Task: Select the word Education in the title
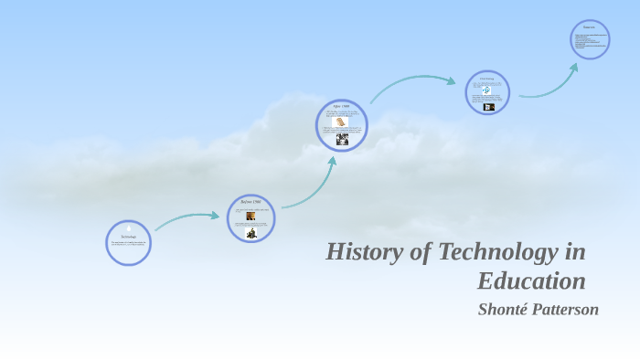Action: [531, 280]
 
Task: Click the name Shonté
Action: [504, 309]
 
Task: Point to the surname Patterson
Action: [566, 309]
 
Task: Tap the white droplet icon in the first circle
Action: [128, 227]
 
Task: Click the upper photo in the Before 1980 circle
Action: [251, 217]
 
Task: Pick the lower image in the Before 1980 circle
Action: [251, 232]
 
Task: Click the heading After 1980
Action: [341, 106]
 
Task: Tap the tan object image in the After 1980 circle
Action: [340, 122]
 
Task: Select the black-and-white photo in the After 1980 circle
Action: [342, 139]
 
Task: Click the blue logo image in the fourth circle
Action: [486, 90]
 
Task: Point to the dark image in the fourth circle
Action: [489, 107]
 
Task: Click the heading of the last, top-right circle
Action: [589, 26]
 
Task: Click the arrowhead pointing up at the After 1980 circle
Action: [332, 162]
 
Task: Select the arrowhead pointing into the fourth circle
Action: [451, 80]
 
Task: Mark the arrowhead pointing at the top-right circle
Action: [574, 66]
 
